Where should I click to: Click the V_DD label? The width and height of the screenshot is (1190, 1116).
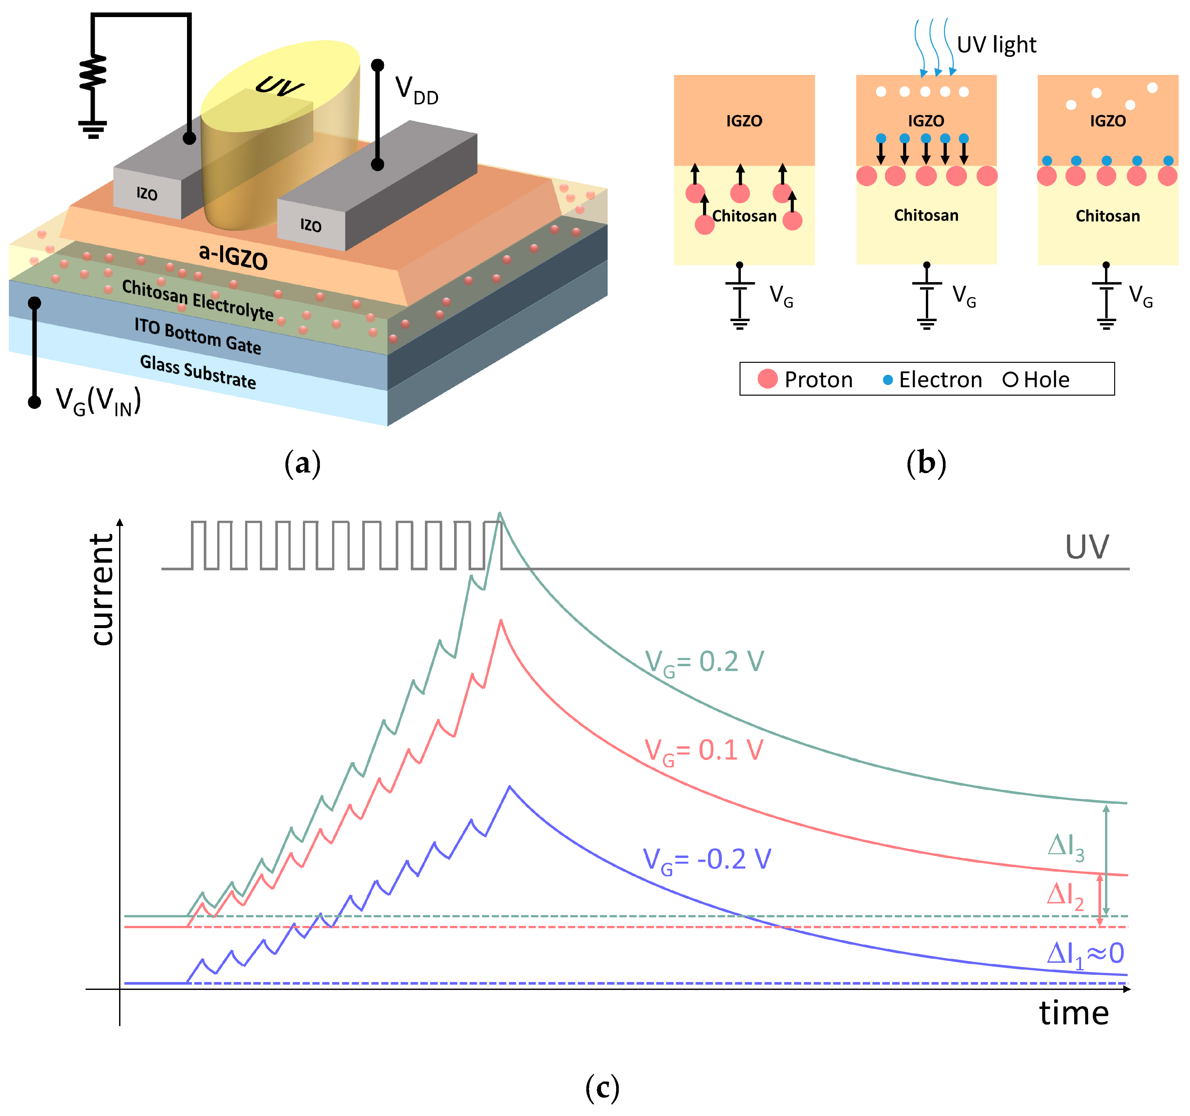point(417,91)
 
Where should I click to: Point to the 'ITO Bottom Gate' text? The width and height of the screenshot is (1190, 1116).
point(198,336)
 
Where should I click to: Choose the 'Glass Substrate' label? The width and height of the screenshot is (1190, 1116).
point(198,371)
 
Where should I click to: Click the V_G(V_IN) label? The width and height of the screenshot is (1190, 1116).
point(97,401)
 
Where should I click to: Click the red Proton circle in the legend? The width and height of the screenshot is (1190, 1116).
point(767,379)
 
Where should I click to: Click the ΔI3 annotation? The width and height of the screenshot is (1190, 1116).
point(1066,846)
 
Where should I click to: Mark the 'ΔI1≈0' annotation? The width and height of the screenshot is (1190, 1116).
point(1085,954)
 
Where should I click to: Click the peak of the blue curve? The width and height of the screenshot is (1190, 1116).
point(510,787)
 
